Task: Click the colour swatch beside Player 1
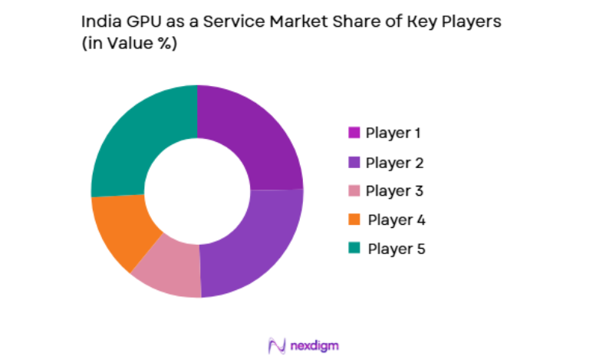(354, 133)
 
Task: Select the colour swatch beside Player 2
(354, 163)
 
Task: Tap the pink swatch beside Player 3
(354, 191)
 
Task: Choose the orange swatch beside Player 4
(354, 220)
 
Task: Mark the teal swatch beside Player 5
(354, 248)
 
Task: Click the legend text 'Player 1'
(393, 133)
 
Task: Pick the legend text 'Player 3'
(393, 191)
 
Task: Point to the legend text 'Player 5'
(396, 249)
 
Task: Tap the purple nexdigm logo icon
(277, 345)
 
